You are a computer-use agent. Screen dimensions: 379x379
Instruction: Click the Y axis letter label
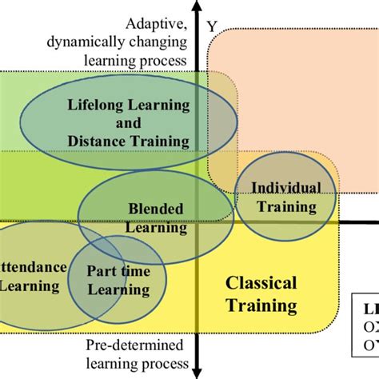click(212, 26)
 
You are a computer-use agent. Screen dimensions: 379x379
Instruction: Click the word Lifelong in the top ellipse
click(94, 106)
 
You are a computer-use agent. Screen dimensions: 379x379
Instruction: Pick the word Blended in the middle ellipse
click(156, 209)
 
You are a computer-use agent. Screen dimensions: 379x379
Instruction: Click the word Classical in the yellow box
click(261, 283)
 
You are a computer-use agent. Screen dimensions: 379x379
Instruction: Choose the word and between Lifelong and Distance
click(128, 123)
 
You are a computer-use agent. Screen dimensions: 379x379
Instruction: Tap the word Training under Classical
click(261, 305)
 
